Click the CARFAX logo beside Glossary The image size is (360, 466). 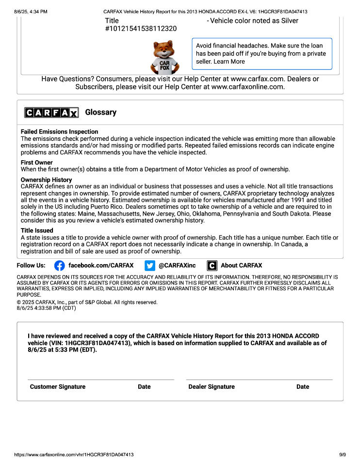tap(51, 113)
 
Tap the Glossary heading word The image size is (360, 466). tap(101, 112)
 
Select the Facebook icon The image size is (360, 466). tap(59, 266)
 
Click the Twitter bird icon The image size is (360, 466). tap(149, 266)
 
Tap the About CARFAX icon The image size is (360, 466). tap(212, 266)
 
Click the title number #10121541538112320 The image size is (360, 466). tap(141, 29)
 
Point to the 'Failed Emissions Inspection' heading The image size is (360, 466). tap(59, 132)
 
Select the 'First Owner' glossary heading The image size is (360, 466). tap(37, 163)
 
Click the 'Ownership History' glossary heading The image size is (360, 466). tap(46, 180)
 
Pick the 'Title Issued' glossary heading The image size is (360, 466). tap(37, 231)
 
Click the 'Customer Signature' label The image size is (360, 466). tap(58, 387)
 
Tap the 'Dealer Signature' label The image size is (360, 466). tap(212, 387)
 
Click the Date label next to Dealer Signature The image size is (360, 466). tap(303, 387)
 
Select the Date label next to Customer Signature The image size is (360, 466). tap(144, 387)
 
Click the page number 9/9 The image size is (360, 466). tap(343, 455)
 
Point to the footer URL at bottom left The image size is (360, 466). tap(74, 455)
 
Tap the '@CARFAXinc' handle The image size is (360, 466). tap(177, 266)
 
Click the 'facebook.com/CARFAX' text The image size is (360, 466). tap(101, 266)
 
